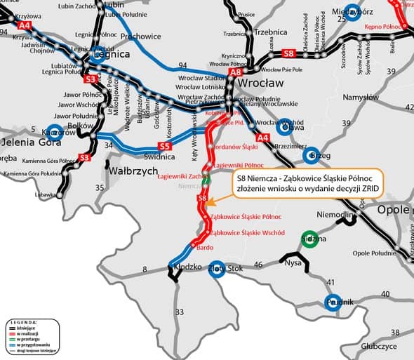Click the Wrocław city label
click(262, 83)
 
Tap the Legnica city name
click(109, 54)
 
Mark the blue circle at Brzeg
click(312, 155)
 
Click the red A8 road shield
click(236, 71)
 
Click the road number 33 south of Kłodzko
click(179, 312)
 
